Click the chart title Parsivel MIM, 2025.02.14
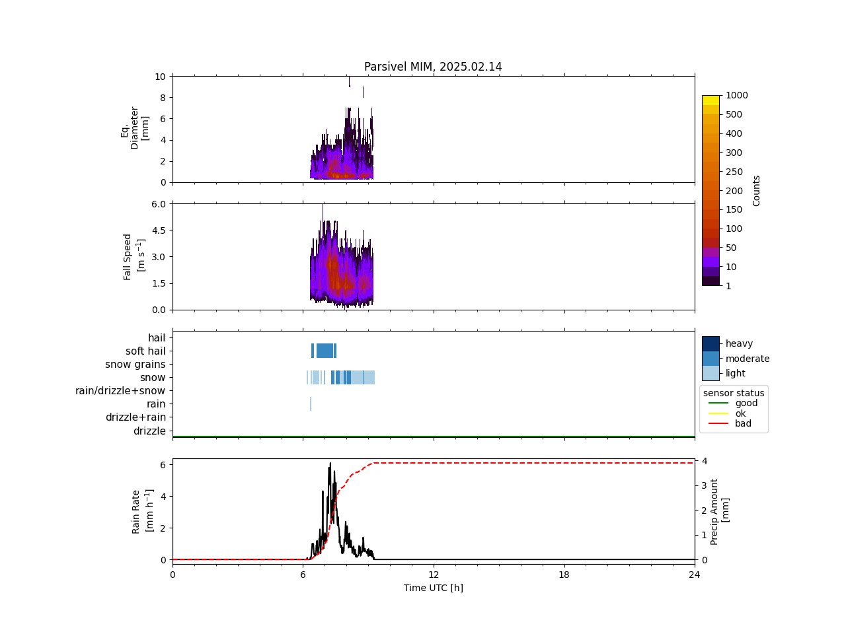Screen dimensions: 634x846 (433, 67)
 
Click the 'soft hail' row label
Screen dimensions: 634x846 (145, 351)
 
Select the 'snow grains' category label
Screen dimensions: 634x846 (135, 365)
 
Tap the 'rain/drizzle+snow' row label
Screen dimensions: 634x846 (120, 391)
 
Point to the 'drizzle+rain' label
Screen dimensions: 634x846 (135, 417)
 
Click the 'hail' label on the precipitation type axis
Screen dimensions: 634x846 (157, 338)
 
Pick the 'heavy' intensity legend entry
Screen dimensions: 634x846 (739, 343)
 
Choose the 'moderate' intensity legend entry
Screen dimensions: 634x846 (747, 359)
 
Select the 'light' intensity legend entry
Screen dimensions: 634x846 (735, 373)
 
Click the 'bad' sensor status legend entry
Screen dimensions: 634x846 (743, 424)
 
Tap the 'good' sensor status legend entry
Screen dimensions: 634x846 (746, 403)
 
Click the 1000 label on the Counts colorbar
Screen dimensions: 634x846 (736, 95)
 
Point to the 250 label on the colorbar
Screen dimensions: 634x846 (734, 172)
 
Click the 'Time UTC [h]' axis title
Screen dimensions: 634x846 (433, 588)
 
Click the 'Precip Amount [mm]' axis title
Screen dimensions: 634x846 (720, 512)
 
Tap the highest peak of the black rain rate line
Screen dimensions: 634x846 (330, 464)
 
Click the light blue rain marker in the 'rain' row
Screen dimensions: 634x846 (311, 404)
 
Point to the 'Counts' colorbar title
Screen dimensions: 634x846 (756, 190)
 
